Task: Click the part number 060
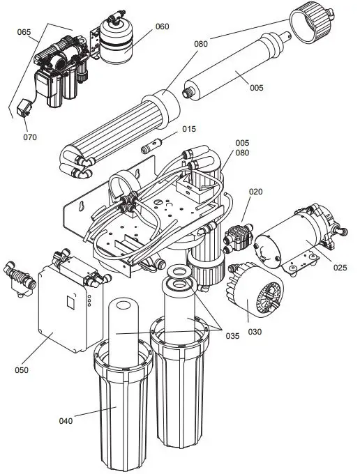[162, 27]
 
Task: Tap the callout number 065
[23, 32]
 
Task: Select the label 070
[29, 137]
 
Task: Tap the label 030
[255, 332]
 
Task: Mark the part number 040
[66, 420]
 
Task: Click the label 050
[22, 369]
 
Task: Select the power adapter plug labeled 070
[24, 109]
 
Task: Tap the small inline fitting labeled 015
[149, 148]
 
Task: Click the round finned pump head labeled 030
[255, 296]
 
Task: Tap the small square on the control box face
[69, 302]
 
